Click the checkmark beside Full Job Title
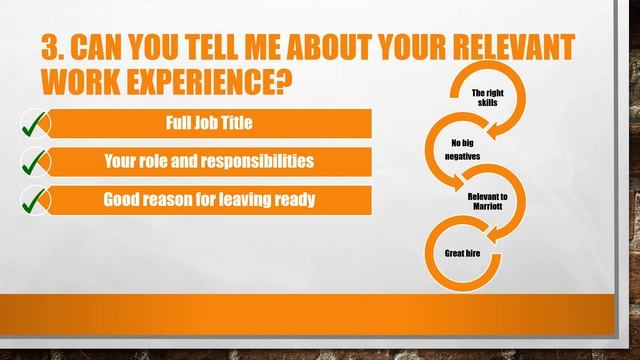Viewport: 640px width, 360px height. point(35,125)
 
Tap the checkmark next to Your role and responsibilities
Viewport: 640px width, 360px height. point(35,162)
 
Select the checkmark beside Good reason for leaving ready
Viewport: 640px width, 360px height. point(35,199)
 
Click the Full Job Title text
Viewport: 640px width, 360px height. point(210,124)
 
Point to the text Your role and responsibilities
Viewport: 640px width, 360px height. point(210,161)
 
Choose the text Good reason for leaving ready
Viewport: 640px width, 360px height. point(210,198)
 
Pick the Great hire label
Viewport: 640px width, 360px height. point(461,254)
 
